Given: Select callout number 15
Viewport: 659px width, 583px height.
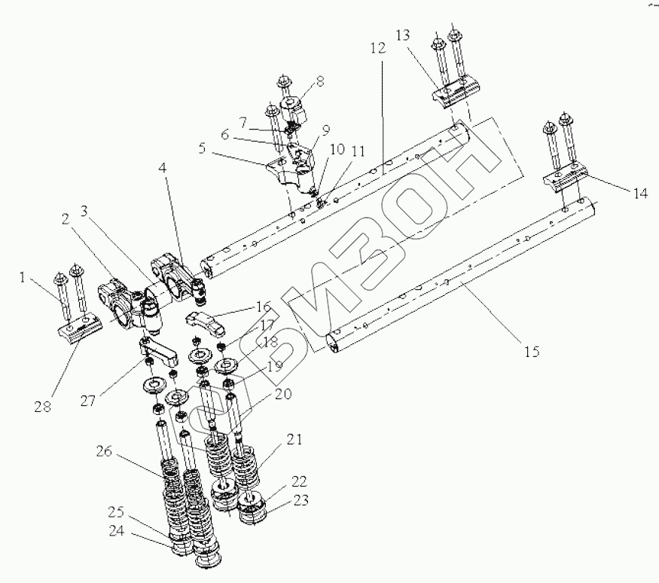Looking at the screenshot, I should [x=532, y=352].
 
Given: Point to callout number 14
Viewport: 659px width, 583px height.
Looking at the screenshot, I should [x=639, y=193].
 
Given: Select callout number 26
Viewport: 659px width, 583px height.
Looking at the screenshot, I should [x=104, y=452].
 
